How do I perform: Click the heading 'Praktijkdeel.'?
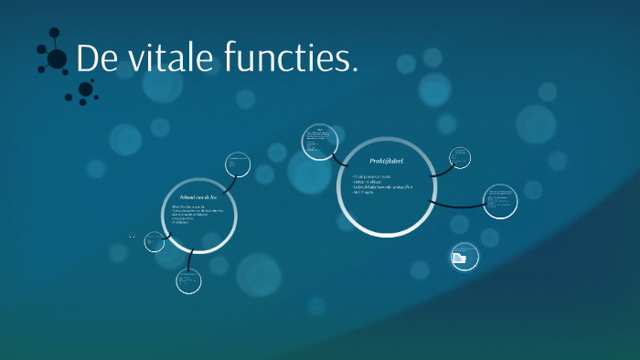coord(384,162)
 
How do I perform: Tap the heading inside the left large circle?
coord(200,197)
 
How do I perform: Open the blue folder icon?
coord(460,259)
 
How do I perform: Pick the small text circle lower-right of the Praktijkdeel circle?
coord(499,202)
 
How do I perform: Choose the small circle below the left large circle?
coord(188,281)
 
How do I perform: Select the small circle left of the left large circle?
coord(155,241)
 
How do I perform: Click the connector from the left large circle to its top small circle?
coord(228,180)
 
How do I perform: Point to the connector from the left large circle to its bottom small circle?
coord(189,261)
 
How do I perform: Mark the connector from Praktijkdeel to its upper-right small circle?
coord(441,169)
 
